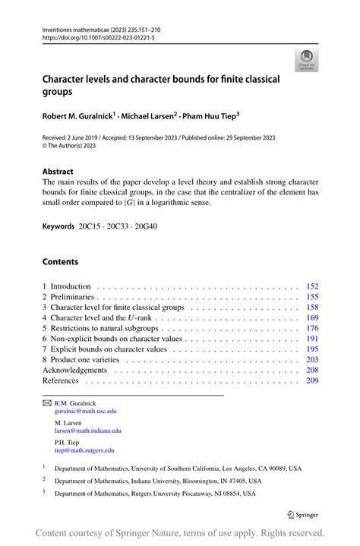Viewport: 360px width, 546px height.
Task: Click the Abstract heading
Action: coord(58,172)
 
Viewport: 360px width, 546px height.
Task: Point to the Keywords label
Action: coord(58,226)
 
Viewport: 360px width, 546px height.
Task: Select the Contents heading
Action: coord(60,262)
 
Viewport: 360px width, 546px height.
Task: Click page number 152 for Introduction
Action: coord(311,286)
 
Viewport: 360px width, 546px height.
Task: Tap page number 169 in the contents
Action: coord(311,317)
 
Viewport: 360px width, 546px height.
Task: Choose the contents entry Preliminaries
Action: coord(74,297)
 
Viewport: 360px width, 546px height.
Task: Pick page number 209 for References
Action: coord(311,380)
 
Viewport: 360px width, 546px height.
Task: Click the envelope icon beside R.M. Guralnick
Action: coord(46,402)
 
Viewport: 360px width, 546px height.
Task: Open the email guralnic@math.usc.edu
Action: coord(86,411)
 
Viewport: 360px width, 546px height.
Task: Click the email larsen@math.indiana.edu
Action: coord(88,431)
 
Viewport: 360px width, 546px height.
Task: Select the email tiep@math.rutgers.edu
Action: coord(84,450)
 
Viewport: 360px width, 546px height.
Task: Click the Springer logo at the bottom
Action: coord(303,514)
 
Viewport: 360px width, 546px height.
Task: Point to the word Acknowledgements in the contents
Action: coord(74,370)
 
